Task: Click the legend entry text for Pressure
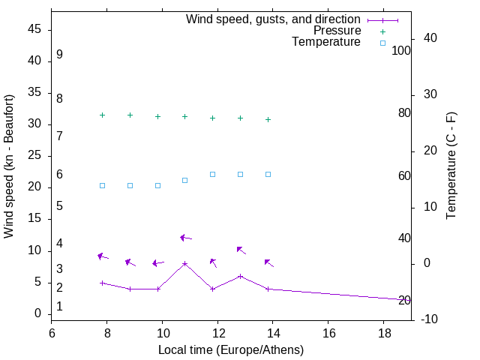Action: pyautogui.click(x=337, y=31)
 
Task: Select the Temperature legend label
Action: pyautogui.click(x=326, y=42)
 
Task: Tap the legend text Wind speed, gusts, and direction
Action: pyautogui.click(x=273, y=19)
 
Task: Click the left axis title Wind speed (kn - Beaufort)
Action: pyautogui.click(x=9, y=166)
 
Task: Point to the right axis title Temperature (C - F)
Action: pyautogui.click(x=451, y=166)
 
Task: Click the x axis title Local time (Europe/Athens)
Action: pyautogui.click(x=231, y=349)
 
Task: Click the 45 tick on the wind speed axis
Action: pyautogui.click(x=35, y=30)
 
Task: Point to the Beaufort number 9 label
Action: pyautogui.click(x=59, y=55)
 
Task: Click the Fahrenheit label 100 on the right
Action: pyautogui.click(x=402, y=51)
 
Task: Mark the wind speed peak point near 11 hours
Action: pyautogui.click(x=185, y=263)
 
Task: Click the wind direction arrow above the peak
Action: pyautogui.click(x=185, y=238)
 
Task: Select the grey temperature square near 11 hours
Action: pyautogui.click(x=185, y=180)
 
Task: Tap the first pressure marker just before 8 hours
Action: pyautogui.click(x=102, y=115)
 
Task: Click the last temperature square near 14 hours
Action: pyautogui.click(x=268, y=174)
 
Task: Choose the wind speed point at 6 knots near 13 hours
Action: pyautogui.click(x=240, y=276)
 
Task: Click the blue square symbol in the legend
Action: pyautogui.click(x=382, y=43)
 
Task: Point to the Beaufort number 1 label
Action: pyautogui.click(x=59, y=307)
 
